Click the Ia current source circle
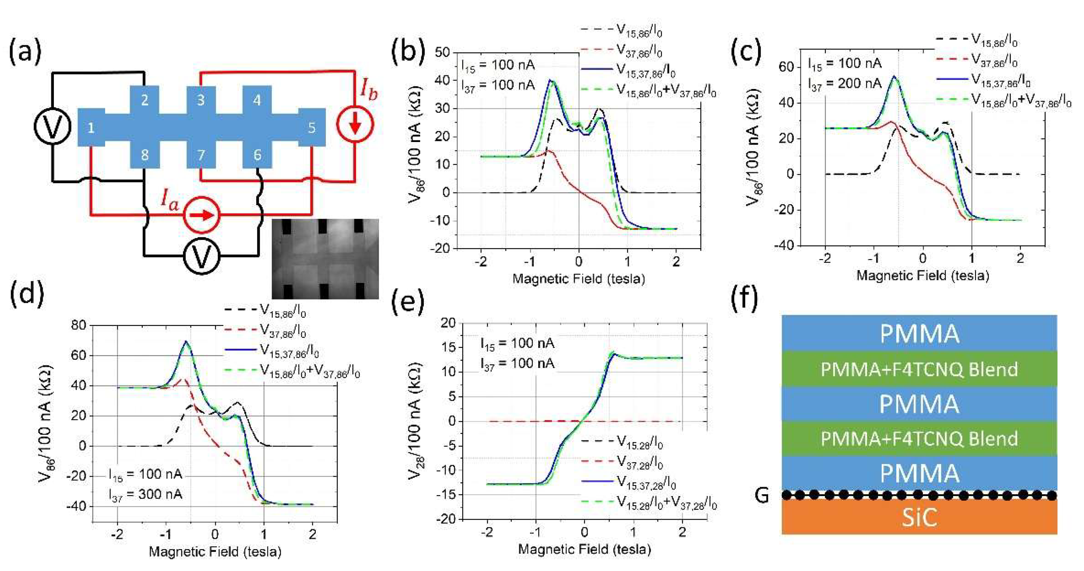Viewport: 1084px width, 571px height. tap(202, 215)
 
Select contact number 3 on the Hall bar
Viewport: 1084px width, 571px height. tap(201, 100)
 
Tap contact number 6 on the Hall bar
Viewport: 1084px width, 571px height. tap(257, 155)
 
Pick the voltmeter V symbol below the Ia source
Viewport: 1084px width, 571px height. tap(202, 256)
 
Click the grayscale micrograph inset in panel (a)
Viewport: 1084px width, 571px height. tap(325, 259)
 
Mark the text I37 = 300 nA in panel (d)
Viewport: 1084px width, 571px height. tap(145, 494)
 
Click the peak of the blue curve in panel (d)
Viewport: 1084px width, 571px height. tap(186, 342)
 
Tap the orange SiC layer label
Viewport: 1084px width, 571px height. tap(919, 518)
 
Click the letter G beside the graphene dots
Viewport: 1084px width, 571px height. tap(762, 495)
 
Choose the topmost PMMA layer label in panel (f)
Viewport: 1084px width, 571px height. tap(919, 334)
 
